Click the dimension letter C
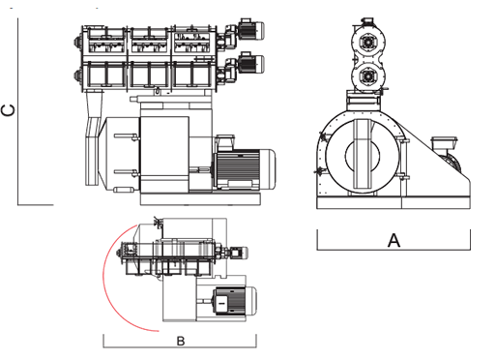[x=8, y=110]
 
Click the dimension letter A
[x=394, y=240]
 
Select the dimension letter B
[x=181, y=341]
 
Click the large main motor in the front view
[x=245, y=169]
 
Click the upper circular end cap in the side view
[x=368, y=43]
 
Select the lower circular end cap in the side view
[x=368, y=76]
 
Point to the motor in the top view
[x=234, y=301]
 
